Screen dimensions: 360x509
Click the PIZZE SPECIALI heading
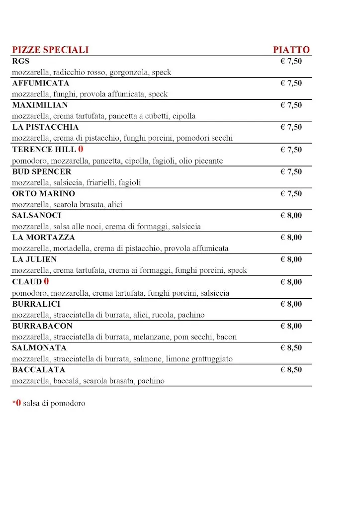[50, 50]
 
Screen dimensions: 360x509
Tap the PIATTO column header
[291, 50]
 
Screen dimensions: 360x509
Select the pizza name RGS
[21, 61]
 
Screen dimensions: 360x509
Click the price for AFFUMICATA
[291, 83]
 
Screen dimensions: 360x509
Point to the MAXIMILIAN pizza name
[40, 105]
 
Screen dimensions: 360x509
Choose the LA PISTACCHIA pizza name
[45, 127]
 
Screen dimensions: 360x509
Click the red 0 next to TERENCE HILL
[81, 149]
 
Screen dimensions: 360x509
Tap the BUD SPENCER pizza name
[42, 171]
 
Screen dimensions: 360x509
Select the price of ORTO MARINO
[291, 193]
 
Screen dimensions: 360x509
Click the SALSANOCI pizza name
[37, 215]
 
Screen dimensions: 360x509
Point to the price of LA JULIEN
[291, 259]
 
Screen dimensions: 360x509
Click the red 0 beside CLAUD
[46, 282]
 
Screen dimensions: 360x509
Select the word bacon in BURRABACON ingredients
[226, 337]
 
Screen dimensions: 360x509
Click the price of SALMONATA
[291, 347]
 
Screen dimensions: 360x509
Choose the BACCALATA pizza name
[38, 369]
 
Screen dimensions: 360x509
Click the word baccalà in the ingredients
[66, 381]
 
